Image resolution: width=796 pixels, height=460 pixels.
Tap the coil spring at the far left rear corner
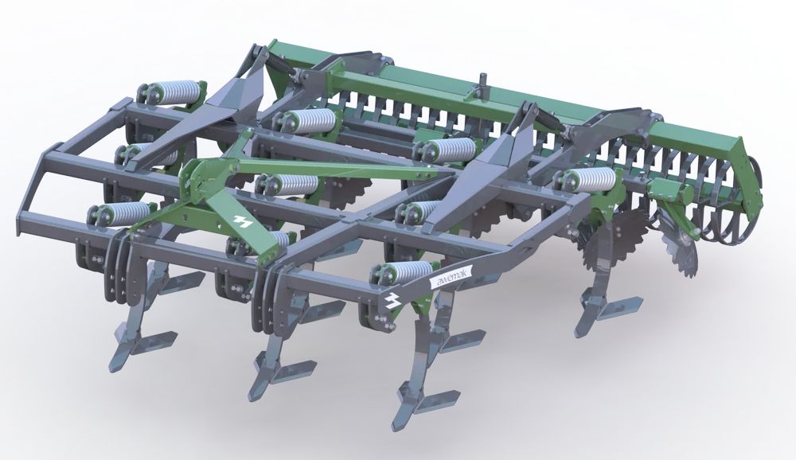tap(170, 92)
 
